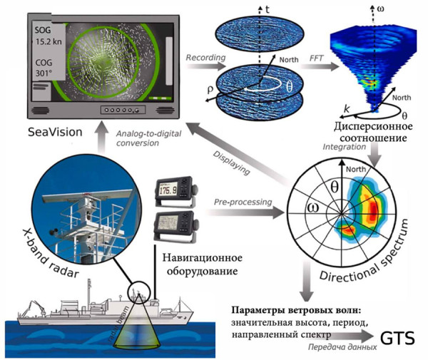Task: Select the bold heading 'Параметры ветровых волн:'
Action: click(x=297, y=312)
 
